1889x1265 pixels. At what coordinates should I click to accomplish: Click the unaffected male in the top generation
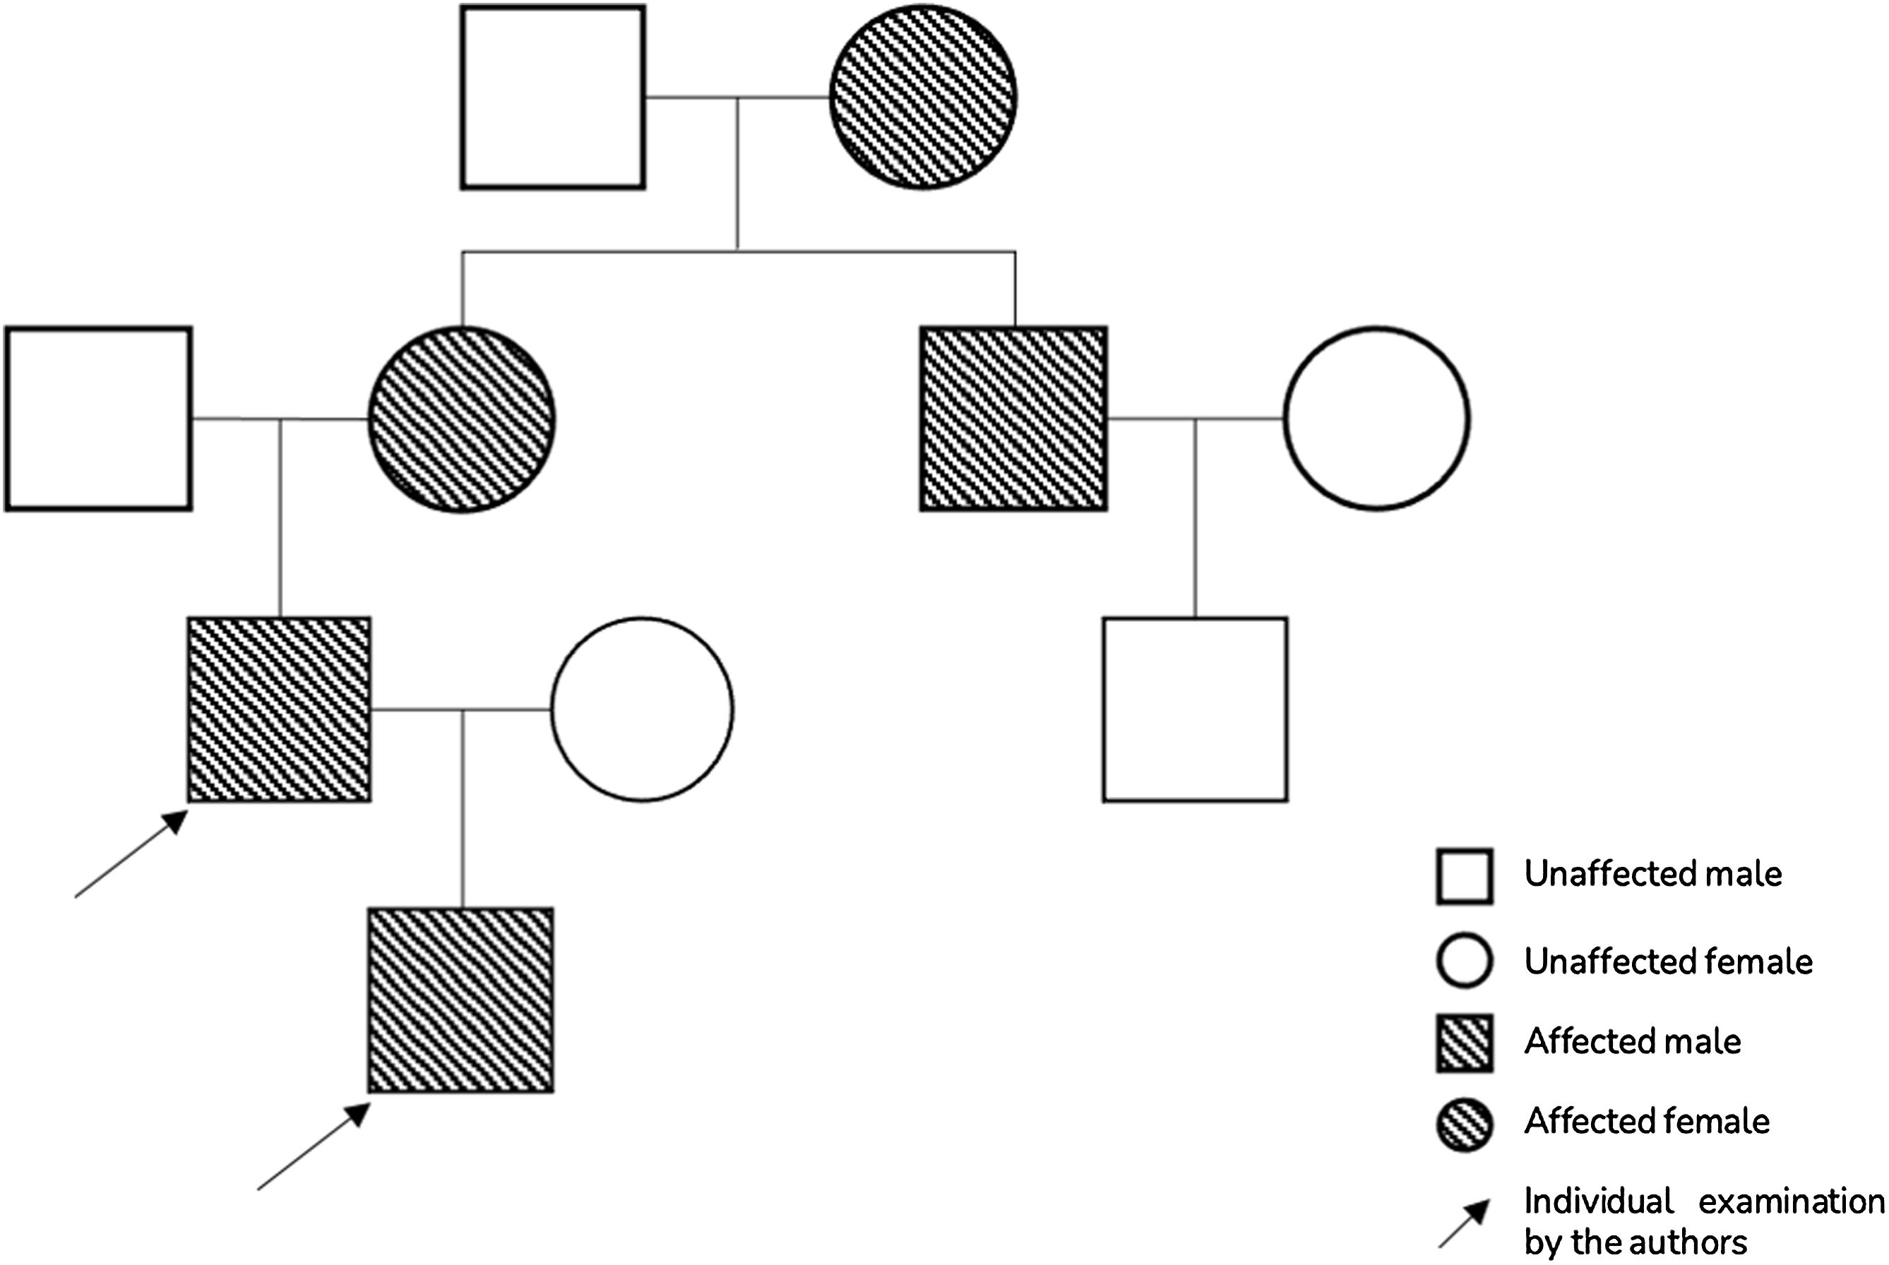point(553,97)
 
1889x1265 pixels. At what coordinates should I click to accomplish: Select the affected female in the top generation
point(923,97)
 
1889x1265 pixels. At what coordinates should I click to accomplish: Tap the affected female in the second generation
point(462,419)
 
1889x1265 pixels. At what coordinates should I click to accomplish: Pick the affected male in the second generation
point(1013,419)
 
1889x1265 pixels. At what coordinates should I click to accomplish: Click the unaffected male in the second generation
point(98,419)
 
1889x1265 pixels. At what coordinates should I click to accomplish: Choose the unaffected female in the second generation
point(1376,419)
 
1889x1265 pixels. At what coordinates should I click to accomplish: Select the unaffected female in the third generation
point(643,709)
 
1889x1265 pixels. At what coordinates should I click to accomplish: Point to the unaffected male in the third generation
point(1195,709)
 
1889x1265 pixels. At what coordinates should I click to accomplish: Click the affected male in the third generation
point(279,709)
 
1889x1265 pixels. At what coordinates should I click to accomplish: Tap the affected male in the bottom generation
point(460,1000)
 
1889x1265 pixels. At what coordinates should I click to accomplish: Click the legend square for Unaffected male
point(1465,876)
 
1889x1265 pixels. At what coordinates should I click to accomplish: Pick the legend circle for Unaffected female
point(1465,960)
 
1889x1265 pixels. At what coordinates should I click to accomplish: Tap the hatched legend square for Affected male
point(1465,1043)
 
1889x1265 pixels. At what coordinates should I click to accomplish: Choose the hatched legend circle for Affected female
point(1465,1124)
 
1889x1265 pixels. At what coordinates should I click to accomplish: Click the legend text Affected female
point(1647,1122)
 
